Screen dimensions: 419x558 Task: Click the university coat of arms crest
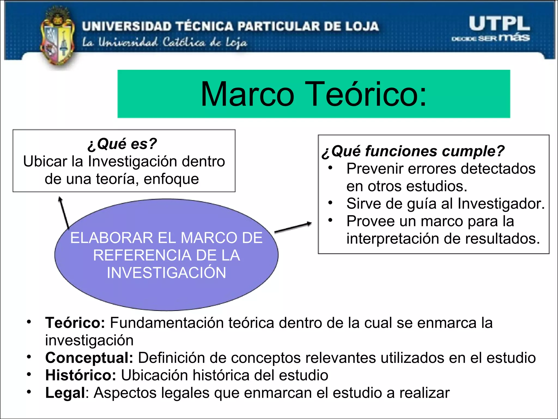tap(57, 37)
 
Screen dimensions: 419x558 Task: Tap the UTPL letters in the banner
tap(499, 24)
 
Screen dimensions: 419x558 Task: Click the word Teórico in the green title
tap(365, 94)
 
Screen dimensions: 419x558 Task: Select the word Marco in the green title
tap(247, 94)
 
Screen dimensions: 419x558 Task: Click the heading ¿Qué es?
tap(122, 144)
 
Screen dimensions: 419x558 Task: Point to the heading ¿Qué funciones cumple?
tap(413, 151)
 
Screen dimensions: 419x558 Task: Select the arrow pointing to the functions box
tap(293, 227)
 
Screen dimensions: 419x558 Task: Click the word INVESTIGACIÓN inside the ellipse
tap(166, 273)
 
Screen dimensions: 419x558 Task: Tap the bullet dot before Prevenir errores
tap(330, 168)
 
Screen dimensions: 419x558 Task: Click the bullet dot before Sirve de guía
tap(330, 203)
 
